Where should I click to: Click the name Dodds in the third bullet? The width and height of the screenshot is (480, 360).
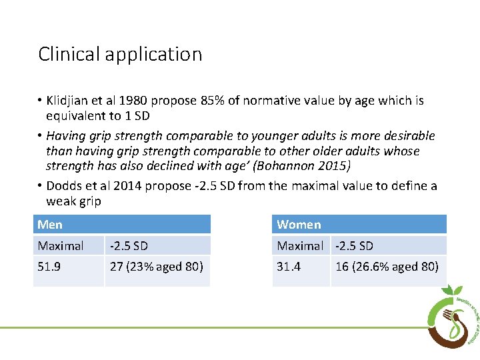click(64, 186)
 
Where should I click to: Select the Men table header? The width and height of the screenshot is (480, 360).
click(50, 225)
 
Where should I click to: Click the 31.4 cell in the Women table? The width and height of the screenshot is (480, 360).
click(289, 267)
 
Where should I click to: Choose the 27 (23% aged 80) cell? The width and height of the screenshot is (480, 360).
click(157, 267)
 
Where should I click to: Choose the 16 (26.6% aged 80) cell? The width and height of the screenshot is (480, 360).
click(387, 267)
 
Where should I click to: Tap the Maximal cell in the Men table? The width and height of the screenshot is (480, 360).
click(61, 246)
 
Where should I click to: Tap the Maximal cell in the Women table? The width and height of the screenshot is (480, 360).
click(300, 246)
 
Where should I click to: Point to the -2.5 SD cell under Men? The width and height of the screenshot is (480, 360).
click(129, 246)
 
